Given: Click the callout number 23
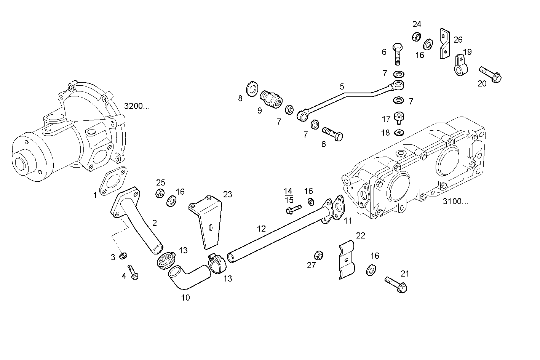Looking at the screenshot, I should coord(227,195).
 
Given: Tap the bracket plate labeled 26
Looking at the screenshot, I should coord(444,43).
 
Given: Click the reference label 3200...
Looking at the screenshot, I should coord(137,106).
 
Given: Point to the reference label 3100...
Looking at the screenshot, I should coord(455,202).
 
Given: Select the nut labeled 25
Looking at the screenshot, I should coord(160,193).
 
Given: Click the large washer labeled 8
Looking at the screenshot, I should coord(252,89).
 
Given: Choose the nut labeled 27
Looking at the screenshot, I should coord(319,255).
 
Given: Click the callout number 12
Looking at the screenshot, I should coord(261,229).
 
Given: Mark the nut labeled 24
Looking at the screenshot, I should coord(416,37).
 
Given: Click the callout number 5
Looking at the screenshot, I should coord(342,86).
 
